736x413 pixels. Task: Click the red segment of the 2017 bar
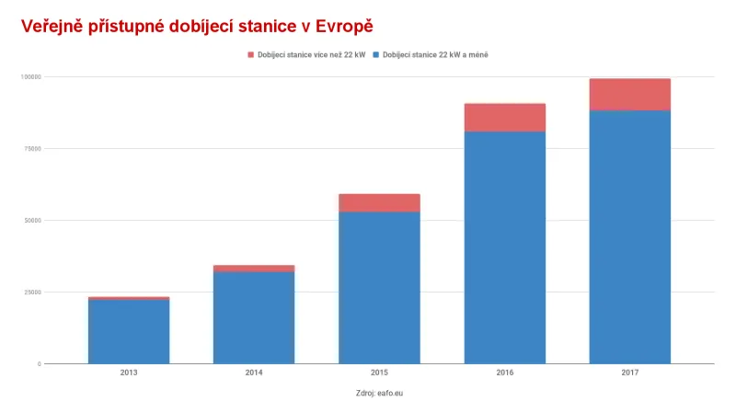[x=629, y=95]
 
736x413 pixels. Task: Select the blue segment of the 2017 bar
[x=629, y=236]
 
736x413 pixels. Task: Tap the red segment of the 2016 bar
[x=504, y=118]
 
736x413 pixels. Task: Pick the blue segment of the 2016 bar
[x=504, y=247]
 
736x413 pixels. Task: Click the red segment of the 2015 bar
[x=379, y=202]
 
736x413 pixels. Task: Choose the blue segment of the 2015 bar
[x=379, y=287]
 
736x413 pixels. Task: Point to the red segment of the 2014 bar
[x=254, y=269]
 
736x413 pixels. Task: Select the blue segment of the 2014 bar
[x=254, y=317]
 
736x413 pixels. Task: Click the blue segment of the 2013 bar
[x=129, y=331]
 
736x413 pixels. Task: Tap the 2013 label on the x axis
[x=129, y=373]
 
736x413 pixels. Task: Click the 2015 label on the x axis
[x=379, y=373]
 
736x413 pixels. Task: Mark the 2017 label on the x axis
[x=629, y=373]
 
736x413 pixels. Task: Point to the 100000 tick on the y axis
[x=30, y=77]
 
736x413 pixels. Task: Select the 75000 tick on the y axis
[x=31, y=149]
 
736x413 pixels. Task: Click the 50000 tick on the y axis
[x=31, y=221]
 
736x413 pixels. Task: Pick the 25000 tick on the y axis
[x=31, y=293]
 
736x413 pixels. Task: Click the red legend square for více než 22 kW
[x=250, y=55]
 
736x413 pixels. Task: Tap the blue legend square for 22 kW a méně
[x=376, y=55]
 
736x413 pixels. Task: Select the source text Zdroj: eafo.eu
[x=379, y=393]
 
